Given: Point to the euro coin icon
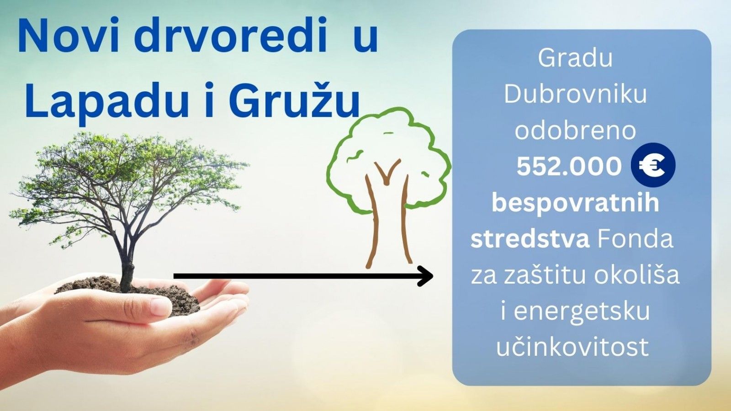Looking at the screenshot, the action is (x=653, y=165).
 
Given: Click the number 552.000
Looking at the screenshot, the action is (x=569, y=166).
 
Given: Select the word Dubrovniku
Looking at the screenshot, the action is (x=575, y=95).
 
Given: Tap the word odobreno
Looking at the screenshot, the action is (x=575, y=131).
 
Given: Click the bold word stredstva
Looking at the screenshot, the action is (x=530, y=239).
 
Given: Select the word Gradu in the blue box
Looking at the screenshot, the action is (x=575, y=59).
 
